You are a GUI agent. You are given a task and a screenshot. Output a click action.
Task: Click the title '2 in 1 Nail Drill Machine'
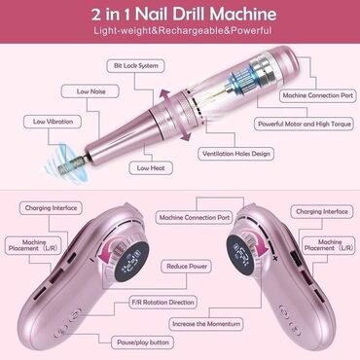point(184,14)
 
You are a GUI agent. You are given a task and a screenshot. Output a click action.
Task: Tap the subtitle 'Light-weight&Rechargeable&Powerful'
point(183,31)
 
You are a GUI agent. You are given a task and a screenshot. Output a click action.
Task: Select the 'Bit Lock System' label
point(136,66)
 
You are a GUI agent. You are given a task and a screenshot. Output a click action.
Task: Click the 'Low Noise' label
point(90,91)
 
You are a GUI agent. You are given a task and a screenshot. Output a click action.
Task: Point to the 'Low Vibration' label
point(53,122)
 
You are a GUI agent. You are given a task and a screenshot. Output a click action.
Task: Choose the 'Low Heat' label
point(151,168)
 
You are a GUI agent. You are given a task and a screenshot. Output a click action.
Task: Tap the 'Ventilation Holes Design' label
point(236,154)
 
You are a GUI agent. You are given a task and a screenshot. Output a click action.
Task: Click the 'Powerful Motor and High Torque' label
point(305,124)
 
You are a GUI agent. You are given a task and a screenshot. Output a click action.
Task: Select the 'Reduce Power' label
point(187,267)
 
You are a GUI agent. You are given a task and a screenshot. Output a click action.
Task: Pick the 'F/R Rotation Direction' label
point(162,303)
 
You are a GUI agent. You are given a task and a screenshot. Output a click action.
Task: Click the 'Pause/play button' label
point(143,342)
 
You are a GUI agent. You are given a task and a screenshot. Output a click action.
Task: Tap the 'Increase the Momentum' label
point(206,324)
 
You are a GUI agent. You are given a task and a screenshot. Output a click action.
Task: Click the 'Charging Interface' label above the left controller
point(51,208)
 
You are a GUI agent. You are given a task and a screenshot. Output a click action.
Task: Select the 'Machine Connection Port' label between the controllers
point(195,217)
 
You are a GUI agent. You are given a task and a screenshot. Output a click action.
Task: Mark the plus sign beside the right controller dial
point(275,258)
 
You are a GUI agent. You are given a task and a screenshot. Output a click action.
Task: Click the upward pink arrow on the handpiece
point(165,96)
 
